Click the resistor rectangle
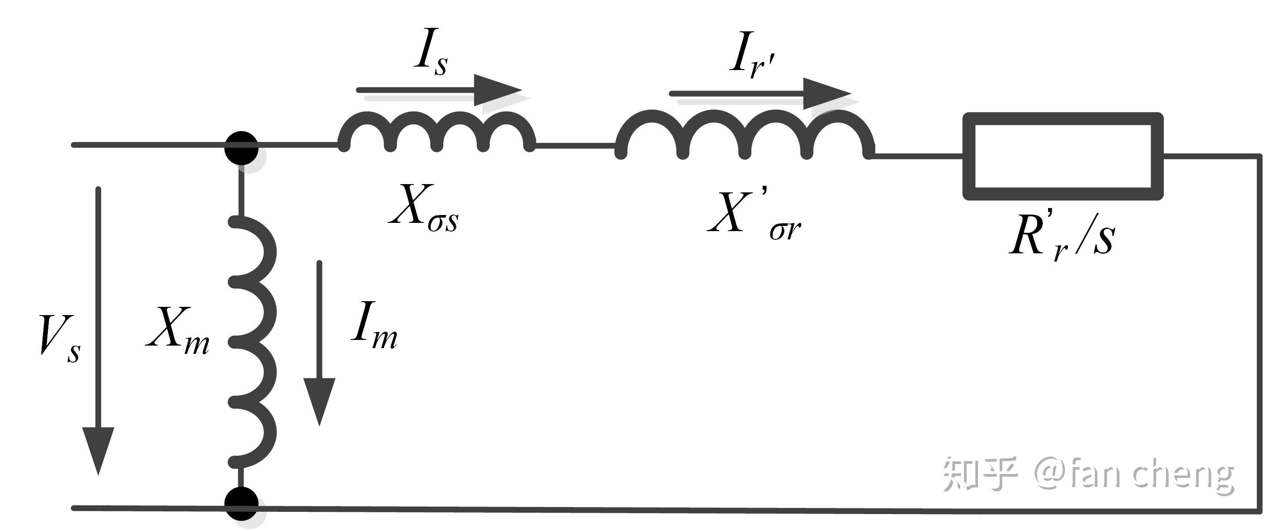[x=1062, y=156]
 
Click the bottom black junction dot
[x=241, y=504]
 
